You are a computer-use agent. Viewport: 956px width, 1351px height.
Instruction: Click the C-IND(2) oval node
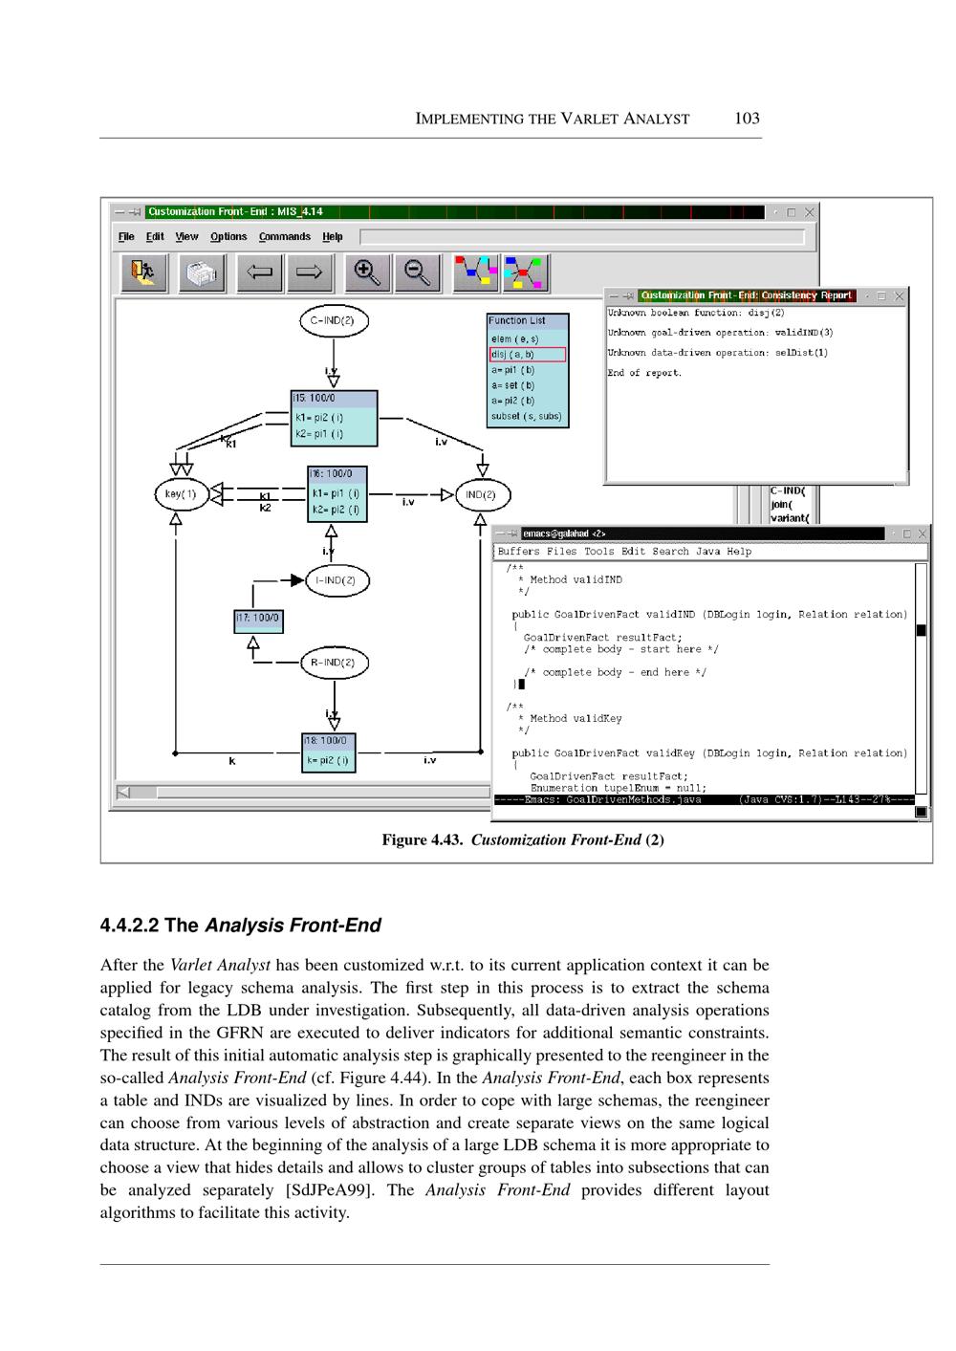[333, 321]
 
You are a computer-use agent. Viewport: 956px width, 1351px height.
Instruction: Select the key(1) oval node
[181, 494]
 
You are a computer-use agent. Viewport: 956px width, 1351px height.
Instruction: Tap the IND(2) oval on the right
[481, 494]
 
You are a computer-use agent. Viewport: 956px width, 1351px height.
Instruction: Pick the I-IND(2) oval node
[336, 580]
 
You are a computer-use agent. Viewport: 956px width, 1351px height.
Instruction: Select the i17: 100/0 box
[258, 620]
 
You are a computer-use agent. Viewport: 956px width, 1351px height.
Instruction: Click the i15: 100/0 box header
[334, 398]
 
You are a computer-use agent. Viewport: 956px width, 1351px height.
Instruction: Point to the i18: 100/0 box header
[329, 740]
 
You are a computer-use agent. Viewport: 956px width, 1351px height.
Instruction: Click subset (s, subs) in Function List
[527, 416]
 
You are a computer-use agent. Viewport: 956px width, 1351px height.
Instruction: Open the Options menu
[228, 237]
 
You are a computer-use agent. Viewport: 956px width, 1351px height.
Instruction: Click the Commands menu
[284, 237]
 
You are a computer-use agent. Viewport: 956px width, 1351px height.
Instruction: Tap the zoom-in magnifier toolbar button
[367, 272]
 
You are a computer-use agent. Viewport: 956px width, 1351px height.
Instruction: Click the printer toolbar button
[202, 272]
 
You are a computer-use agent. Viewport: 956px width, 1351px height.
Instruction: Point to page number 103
[747, 119]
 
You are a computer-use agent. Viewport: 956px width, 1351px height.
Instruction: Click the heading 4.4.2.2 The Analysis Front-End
[240, 926]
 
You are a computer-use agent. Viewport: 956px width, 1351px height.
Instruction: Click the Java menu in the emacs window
[707, 552]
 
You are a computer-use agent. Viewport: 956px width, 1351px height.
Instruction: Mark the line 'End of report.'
[644, 373]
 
